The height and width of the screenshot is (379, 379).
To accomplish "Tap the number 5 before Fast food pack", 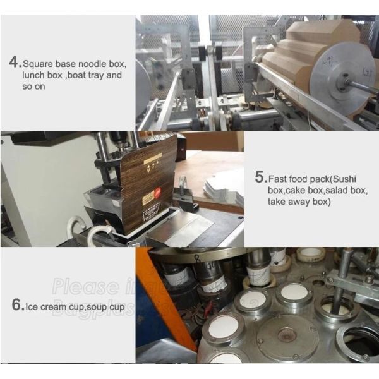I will coord(260,177).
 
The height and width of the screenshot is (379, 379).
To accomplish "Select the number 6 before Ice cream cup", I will coord(18,304).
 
